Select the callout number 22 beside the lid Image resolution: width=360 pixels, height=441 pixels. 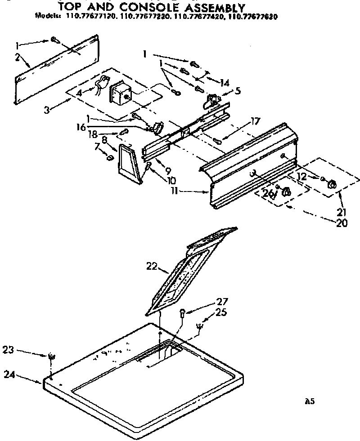pos(152,267)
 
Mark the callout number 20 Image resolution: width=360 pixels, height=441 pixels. pos(342,223)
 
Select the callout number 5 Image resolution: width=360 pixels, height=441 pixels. pos(238,90)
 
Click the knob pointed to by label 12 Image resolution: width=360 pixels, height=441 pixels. pos(333,184)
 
